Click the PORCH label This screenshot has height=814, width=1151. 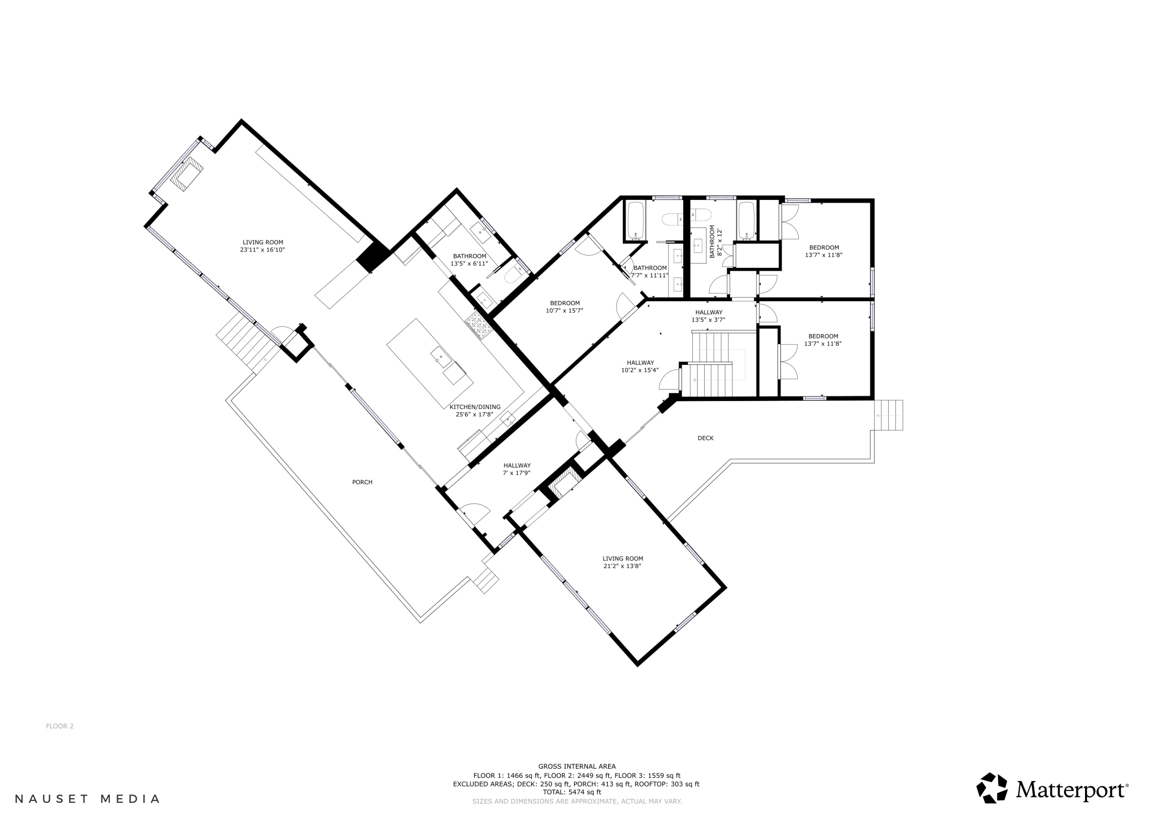362,482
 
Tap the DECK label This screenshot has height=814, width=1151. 705,438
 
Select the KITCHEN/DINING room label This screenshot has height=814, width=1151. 474,407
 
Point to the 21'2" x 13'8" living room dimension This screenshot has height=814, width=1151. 622,566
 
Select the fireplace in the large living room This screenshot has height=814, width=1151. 187,173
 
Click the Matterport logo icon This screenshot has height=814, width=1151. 991,788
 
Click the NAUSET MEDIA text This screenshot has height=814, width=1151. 87,798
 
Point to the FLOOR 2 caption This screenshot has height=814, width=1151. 59,726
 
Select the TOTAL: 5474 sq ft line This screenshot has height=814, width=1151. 572,792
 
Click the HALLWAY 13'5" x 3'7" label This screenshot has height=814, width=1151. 708,316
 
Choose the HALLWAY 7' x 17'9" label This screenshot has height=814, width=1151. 517,469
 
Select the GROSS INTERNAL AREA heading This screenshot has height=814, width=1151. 577,766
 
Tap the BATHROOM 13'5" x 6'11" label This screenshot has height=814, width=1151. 469,260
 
